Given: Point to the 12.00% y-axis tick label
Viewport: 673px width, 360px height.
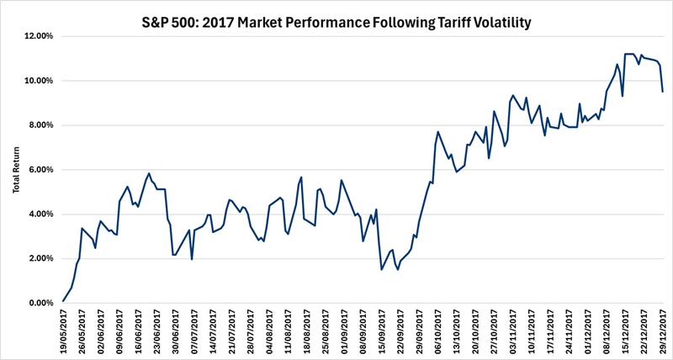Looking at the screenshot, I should pos(38,37).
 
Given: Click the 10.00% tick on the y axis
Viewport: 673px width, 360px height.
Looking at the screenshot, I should pos(38,82).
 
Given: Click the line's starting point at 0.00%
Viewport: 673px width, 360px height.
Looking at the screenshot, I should pos(63,301).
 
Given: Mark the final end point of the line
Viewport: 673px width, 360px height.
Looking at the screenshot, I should pos(663,91).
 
